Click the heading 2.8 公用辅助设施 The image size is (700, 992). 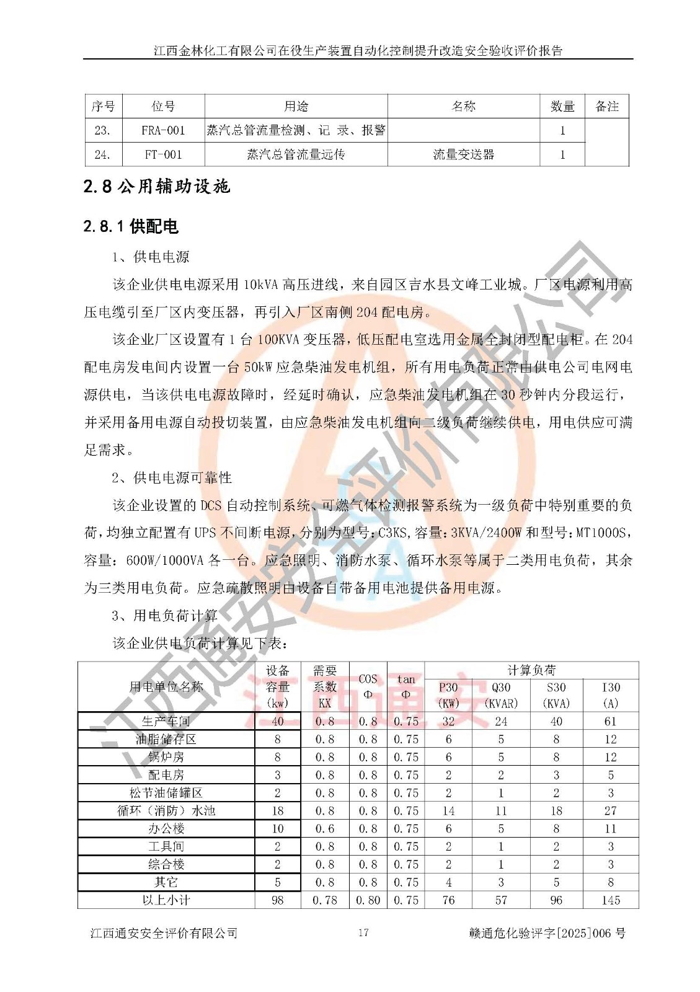157,186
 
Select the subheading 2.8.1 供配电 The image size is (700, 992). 131,226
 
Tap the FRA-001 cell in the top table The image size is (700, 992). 163,130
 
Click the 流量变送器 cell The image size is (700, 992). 463,154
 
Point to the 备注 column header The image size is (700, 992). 606,107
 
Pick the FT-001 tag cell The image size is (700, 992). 163,154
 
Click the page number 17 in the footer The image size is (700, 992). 363,932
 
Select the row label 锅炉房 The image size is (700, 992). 166,757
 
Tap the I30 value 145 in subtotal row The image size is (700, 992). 611,900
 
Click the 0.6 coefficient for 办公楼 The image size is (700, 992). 324,828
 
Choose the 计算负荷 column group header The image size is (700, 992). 531,670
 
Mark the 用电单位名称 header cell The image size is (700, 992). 166,686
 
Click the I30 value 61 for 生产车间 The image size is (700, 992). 611,721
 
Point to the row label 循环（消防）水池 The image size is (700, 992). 166,810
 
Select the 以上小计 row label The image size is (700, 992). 166,900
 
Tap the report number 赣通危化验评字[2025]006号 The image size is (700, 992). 547,933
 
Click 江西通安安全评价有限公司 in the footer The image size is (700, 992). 164,933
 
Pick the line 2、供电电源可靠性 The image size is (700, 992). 172,477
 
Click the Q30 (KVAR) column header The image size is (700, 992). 501,695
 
